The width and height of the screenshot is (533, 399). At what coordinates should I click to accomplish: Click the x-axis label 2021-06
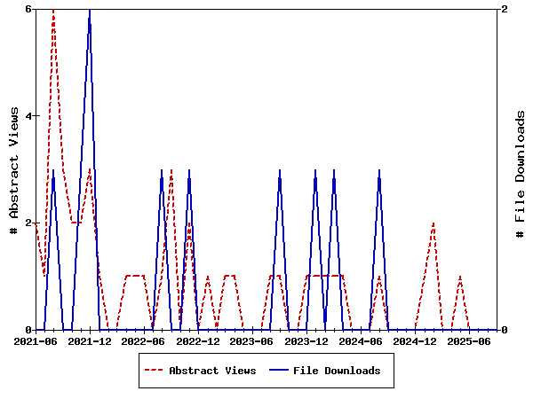pos(36,340)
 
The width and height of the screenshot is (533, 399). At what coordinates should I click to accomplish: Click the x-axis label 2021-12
pos(90,340)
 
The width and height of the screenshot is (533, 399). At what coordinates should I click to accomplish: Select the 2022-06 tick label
pos(144,340)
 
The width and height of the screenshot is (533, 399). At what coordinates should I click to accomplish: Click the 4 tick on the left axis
pos(28,116)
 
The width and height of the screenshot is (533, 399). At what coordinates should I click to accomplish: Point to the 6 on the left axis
pos(28,9)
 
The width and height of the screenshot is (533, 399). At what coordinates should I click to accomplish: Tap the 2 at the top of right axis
pos(505,9)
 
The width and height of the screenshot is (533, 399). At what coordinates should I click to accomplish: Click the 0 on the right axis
pos(505,330)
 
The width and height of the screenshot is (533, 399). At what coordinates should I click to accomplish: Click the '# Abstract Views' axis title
pos(13,169)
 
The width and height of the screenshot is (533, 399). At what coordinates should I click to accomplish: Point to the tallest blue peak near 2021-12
pos(90,10)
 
